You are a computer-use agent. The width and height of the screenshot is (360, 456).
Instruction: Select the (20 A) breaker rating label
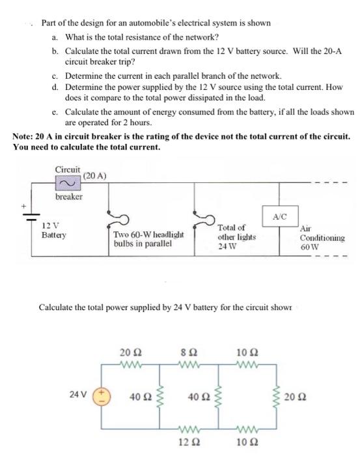tap(96, 175)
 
